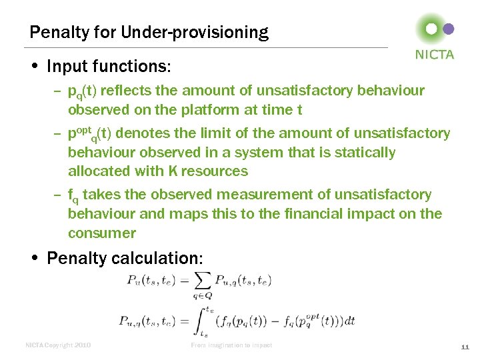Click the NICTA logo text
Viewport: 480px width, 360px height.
[x=434, y=55]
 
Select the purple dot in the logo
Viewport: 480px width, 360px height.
[x=449, y=29]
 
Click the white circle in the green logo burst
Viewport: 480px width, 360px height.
[x=432, y=29]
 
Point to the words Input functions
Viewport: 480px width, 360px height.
[x=109, y=67]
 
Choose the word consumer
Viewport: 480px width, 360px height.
[x=101, y=233]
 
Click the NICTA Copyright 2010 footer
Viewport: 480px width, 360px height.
[x=58, y=345]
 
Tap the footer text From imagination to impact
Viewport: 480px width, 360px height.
[x=231, y=345]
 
